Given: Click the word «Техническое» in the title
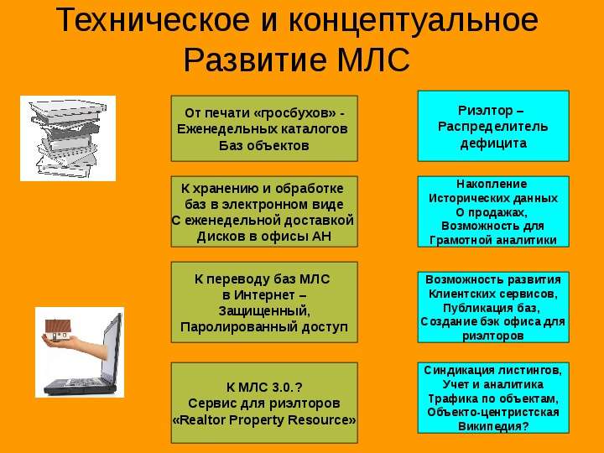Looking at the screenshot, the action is tap(153, 19).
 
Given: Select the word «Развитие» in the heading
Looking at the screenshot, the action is tap(255, 60).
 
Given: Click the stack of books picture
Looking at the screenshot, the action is tap(68, 138).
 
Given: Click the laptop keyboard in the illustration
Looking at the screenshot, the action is tap(84, 383).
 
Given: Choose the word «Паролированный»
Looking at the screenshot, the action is tap(239, 327).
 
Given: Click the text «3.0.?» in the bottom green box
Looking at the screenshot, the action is tap(287, 387).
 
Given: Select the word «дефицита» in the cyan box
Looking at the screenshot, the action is tap(493, 143).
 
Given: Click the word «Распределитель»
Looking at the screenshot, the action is tap(492, 127).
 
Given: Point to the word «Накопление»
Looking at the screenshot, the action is tap(492, 184).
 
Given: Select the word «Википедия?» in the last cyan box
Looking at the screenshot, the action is tap(493, 427).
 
